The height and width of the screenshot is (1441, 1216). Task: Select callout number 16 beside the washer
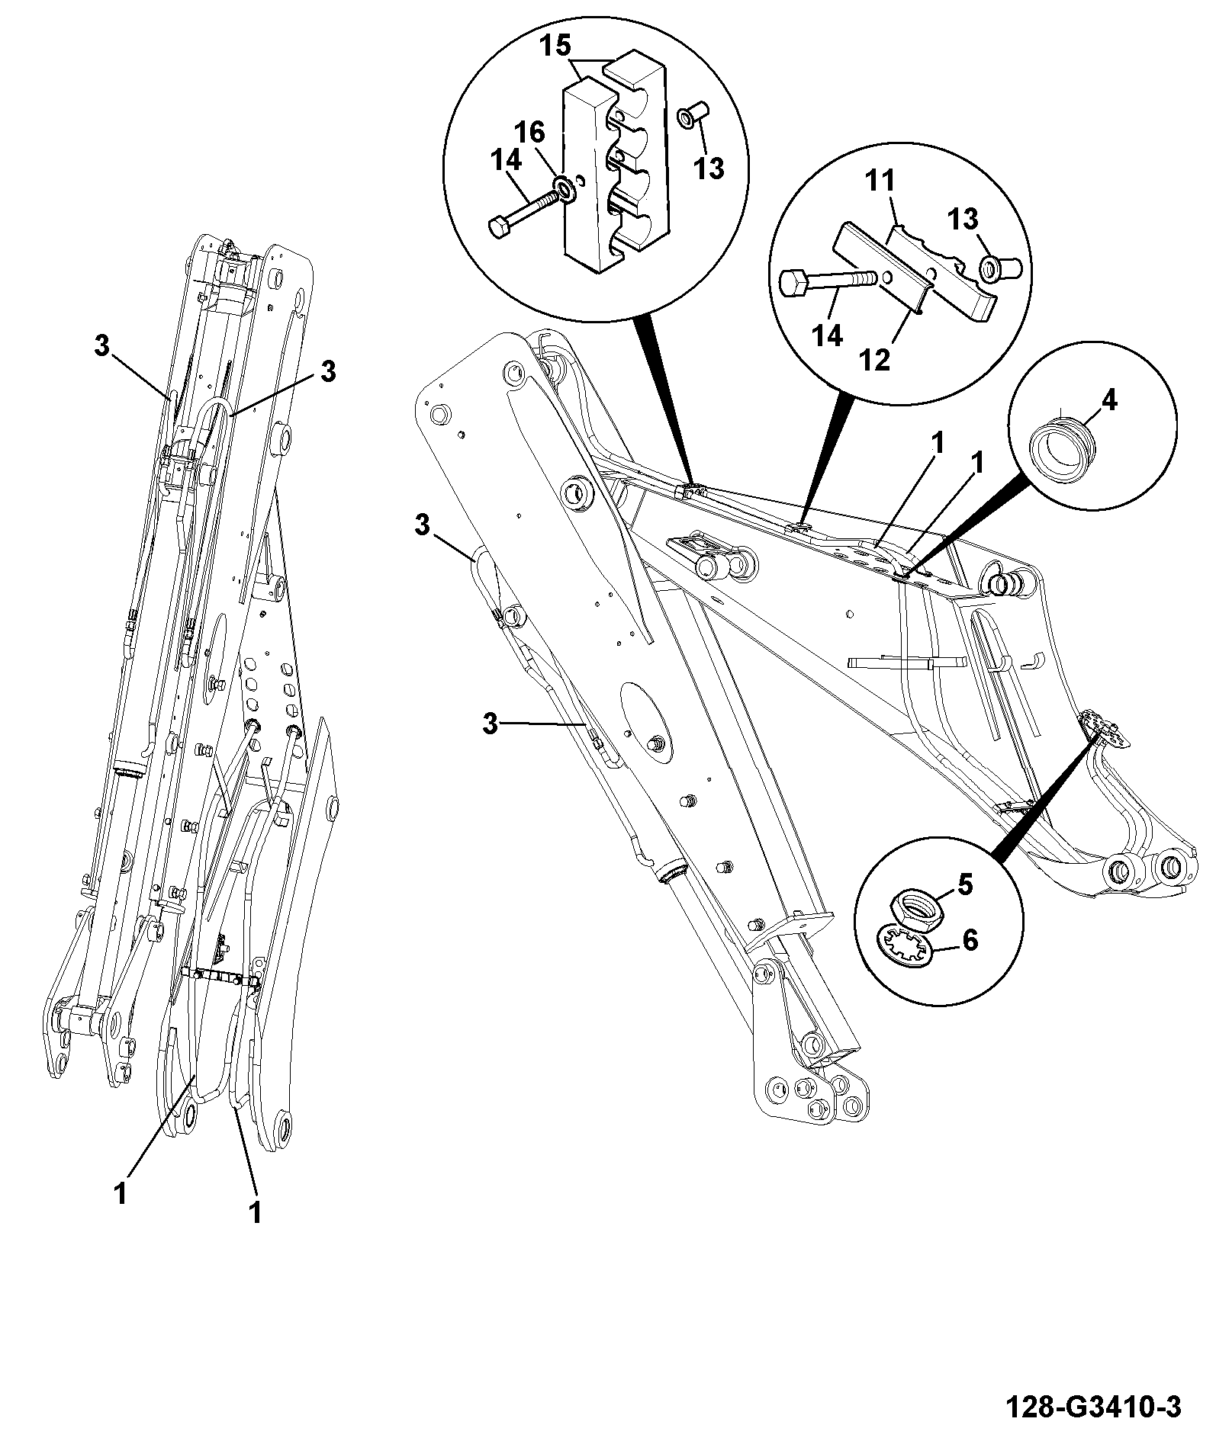[x=529, y=133]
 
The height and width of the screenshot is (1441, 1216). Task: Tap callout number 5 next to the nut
[x=965, y=884]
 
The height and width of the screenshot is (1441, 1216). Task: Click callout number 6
[x=970, y=940]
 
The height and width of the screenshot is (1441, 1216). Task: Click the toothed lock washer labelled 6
[x=907, y=947]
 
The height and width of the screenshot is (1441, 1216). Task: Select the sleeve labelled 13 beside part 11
[x=998, y=267]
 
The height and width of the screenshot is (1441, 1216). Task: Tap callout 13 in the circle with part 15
[x=709, y=168]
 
